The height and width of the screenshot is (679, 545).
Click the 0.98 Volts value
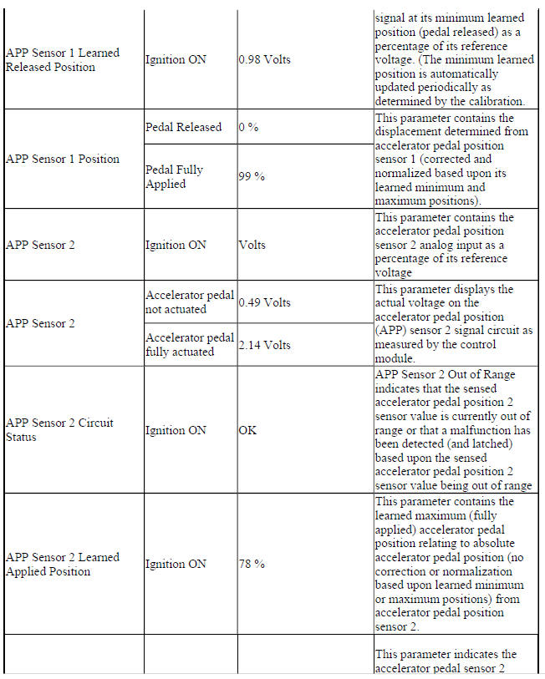point(265,60)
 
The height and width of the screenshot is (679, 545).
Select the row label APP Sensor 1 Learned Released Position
point(63,60)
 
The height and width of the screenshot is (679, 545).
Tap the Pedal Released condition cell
point(184,127)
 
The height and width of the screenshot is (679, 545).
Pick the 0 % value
point(247,127)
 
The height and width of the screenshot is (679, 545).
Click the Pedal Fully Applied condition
point(175,176)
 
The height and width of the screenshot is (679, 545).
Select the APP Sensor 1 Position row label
point(63,159)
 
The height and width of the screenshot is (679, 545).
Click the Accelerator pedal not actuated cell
point(190,302)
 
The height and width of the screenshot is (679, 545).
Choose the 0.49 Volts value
point(265,302)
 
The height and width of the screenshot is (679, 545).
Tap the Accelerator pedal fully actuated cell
point(190,345)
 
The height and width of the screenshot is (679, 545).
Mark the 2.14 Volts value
point(265,345)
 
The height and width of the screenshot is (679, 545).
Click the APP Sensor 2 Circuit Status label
point(60,430)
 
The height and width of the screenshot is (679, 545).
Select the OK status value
point(248,430)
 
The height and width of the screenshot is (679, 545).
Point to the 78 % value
point(252,564)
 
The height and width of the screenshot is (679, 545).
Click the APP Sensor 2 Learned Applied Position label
point(63,564)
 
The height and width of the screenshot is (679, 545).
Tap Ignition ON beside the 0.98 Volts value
point(176,60)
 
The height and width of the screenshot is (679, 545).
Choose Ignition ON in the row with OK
point(176,430)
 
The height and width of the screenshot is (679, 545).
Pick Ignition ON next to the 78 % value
point(176,564)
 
